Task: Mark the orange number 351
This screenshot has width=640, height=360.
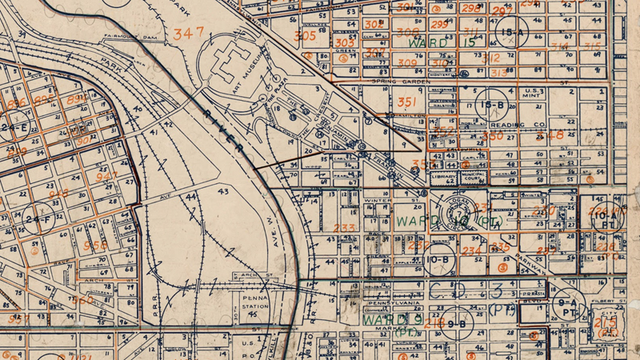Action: point(406,102)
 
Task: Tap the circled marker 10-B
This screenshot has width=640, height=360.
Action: point(437,260)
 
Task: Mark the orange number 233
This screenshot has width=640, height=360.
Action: point(344,229)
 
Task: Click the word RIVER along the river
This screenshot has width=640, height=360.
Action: point(222,128)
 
